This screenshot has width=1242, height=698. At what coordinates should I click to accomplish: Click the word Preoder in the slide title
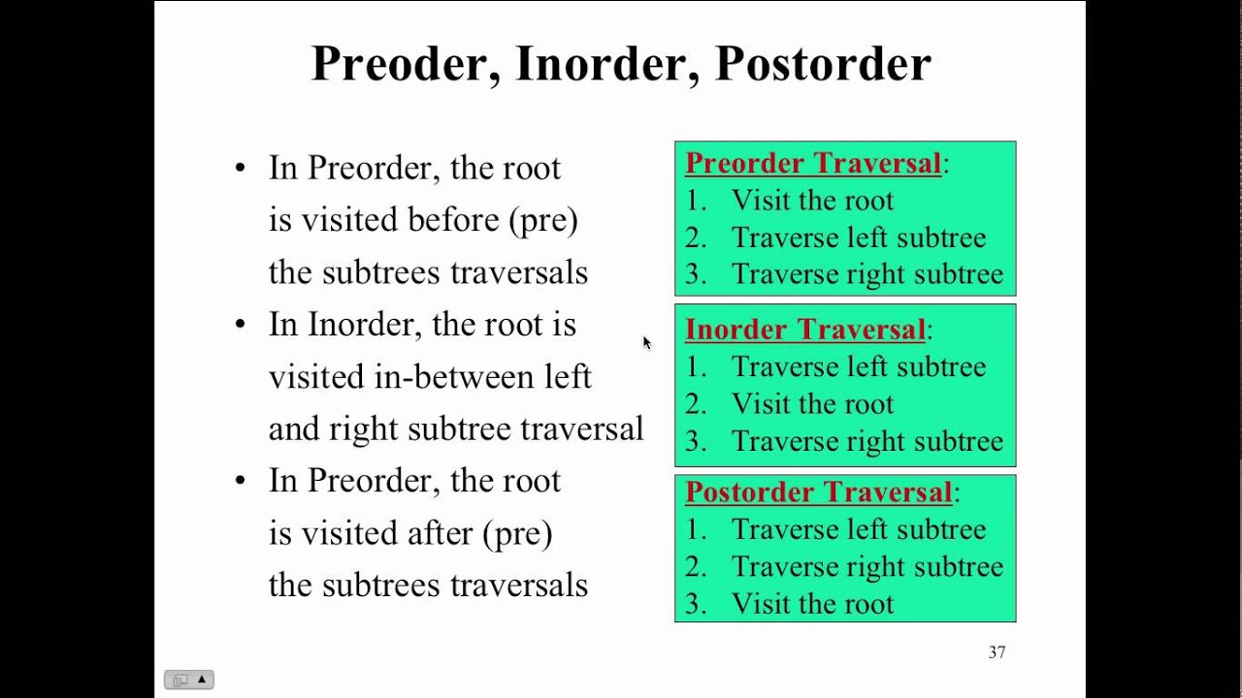pyautogui.click(x=405, y=64)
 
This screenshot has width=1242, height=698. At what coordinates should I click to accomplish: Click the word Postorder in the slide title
pyautogui.click(x=823, y=64)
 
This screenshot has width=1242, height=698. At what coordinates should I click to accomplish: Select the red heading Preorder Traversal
pyautogui.click(x=813, y=163)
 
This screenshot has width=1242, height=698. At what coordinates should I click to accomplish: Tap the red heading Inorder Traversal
pyautogui.click(x=805, y=330)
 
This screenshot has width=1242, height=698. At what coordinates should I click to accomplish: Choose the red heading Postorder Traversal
pyautogui.click(x=819, y=492)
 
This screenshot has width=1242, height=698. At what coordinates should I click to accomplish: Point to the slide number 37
pyautogui.click(x=997, y=652)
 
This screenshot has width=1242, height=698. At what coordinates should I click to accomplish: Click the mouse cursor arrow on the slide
pyautogui.click(x=646, y=342)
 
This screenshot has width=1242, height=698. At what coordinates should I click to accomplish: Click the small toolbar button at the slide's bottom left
pyautogui.click(x=188, y=680)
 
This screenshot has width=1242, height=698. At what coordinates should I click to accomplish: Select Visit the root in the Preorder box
pyautogui.click(x=812, y=201)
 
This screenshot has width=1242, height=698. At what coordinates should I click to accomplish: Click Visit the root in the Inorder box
pyautogui.click(x=812, y=404)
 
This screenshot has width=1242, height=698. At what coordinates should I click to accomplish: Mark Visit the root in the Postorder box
pyautogui.click(x=812, y=604)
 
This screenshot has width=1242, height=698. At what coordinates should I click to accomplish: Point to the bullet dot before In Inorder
pyautogui.click(x=241, y=325)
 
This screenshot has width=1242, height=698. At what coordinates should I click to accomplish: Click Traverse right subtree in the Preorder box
pyautogui.click(x=866, y=274)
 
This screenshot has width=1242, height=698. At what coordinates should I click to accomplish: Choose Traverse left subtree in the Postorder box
pyautogui.click(x=858, y=529)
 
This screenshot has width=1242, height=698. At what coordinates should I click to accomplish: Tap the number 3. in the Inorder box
pyautogui.click(x=695, y=442)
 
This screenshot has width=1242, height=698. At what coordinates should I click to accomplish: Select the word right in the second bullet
pyautogui.click(x=364, y=428)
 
